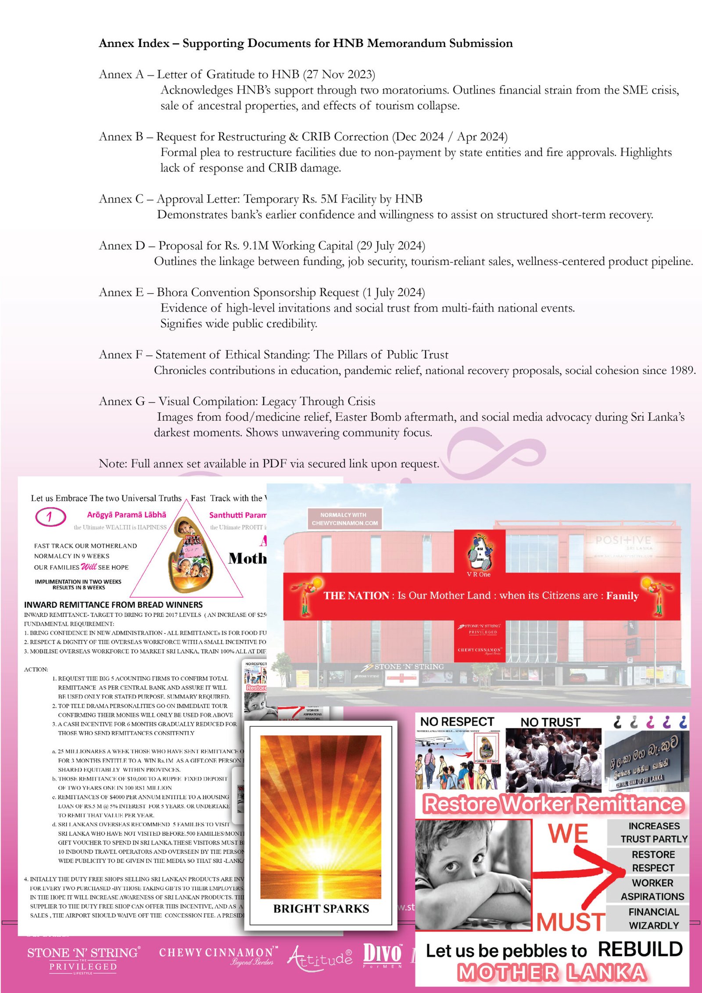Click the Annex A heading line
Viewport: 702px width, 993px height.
click(x=237, y=75)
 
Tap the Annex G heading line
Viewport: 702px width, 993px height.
click(x=237, y=402)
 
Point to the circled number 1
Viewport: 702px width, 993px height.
click(x=50, y=516)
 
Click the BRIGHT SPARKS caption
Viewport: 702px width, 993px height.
click(x=321, y=908)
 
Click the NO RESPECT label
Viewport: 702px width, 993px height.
click(x=457, y=722)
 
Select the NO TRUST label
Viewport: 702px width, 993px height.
click(x=550, y=722)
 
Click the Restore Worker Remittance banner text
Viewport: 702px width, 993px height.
click(x=553, y=804)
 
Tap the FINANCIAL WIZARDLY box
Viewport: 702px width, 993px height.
click(x=653, y=918)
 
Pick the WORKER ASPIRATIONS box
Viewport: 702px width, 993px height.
click(x=652, y=889)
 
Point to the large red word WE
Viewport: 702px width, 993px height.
click(x=568, y=834)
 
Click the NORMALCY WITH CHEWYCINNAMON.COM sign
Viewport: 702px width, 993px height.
click(x=344, y=519)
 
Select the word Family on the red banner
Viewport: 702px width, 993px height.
click(x=622, y=596)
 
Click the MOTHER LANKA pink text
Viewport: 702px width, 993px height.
click(x=552, y=972)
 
